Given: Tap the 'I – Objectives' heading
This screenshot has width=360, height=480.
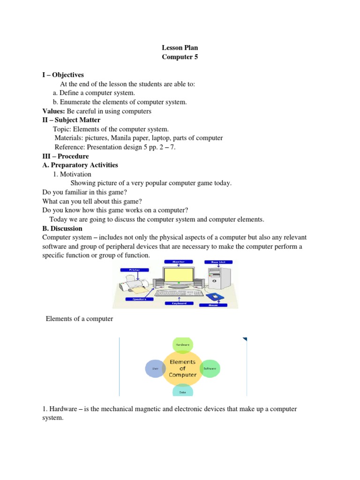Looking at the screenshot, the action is pyautogui.click(x=63, y=75).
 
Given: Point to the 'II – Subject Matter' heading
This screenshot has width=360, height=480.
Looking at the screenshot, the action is pyautogui.click(x=71, y=120).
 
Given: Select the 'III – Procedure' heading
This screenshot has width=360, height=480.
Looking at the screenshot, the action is pyautogui.click(x=65, y=156).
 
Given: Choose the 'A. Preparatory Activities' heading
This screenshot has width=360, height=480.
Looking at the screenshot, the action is pyautogui.click(x=80, y=165).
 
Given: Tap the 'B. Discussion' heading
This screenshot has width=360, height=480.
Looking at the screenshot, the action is pyautogui.click(x=62, y=229).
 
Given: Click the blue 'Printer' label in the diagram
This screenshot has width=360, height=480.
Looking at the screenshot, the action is pyautogui.click(x=134, y=270).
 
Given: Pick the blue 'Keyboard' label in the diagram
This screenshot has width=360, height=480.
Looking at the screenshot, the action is pyautogui.click(x=179, y=303).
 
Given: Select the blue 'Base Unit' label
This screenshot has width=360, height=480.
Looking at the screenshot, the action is pyautogui.click(x=217, y=262).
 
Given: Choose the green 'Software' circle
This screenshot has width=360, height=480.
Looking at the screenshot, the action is pyautogui.click(x=210, y=369).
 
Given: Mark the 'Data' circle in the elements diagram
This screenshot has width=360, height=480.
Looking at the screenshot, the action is pyautogui.click(x=182, y=390).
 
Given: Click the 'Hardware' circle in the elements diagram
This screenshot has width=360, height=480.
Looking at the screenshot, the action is pyautogui.click(x=182, y=345).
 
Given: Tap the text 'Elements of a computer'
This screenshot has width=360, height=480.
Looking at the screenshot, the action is pyautogui.click(x=79, y=319).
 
